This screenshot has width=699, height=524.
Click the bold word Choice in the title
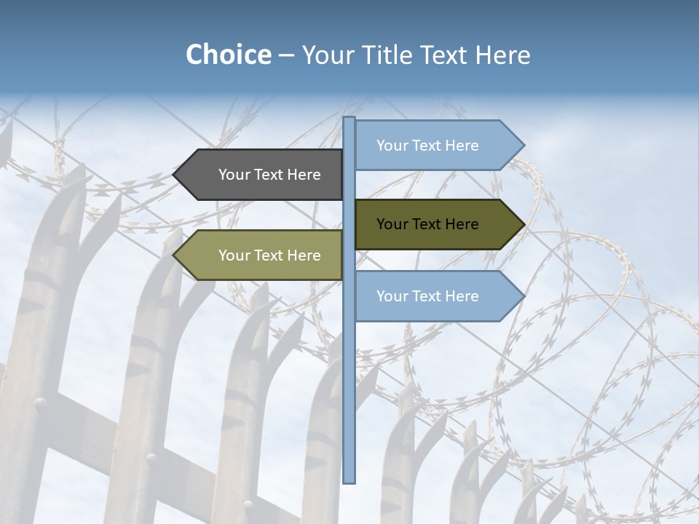tap(228, 55)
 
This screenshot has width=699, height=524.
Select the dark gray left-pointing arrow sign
tap(258, 175)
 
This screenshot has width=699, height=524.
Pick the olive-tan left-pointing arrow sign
tap(258, 255)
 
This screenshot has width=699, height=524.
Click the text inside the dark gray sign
tap(269, 175)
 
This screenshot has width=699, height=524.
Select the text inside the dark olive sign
tap(427, 224)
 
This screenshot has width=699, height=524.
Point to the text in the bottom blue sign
tap(427, 296)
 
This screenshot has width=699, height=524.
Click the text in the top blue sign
tap(427, 146)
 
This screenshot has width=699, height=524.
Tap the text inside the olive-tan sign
tap(269, 255)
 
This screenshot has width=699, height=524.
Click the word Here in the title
tap(502, 55)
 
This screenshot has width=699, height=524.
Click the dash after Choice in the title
tap(286, 55)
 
